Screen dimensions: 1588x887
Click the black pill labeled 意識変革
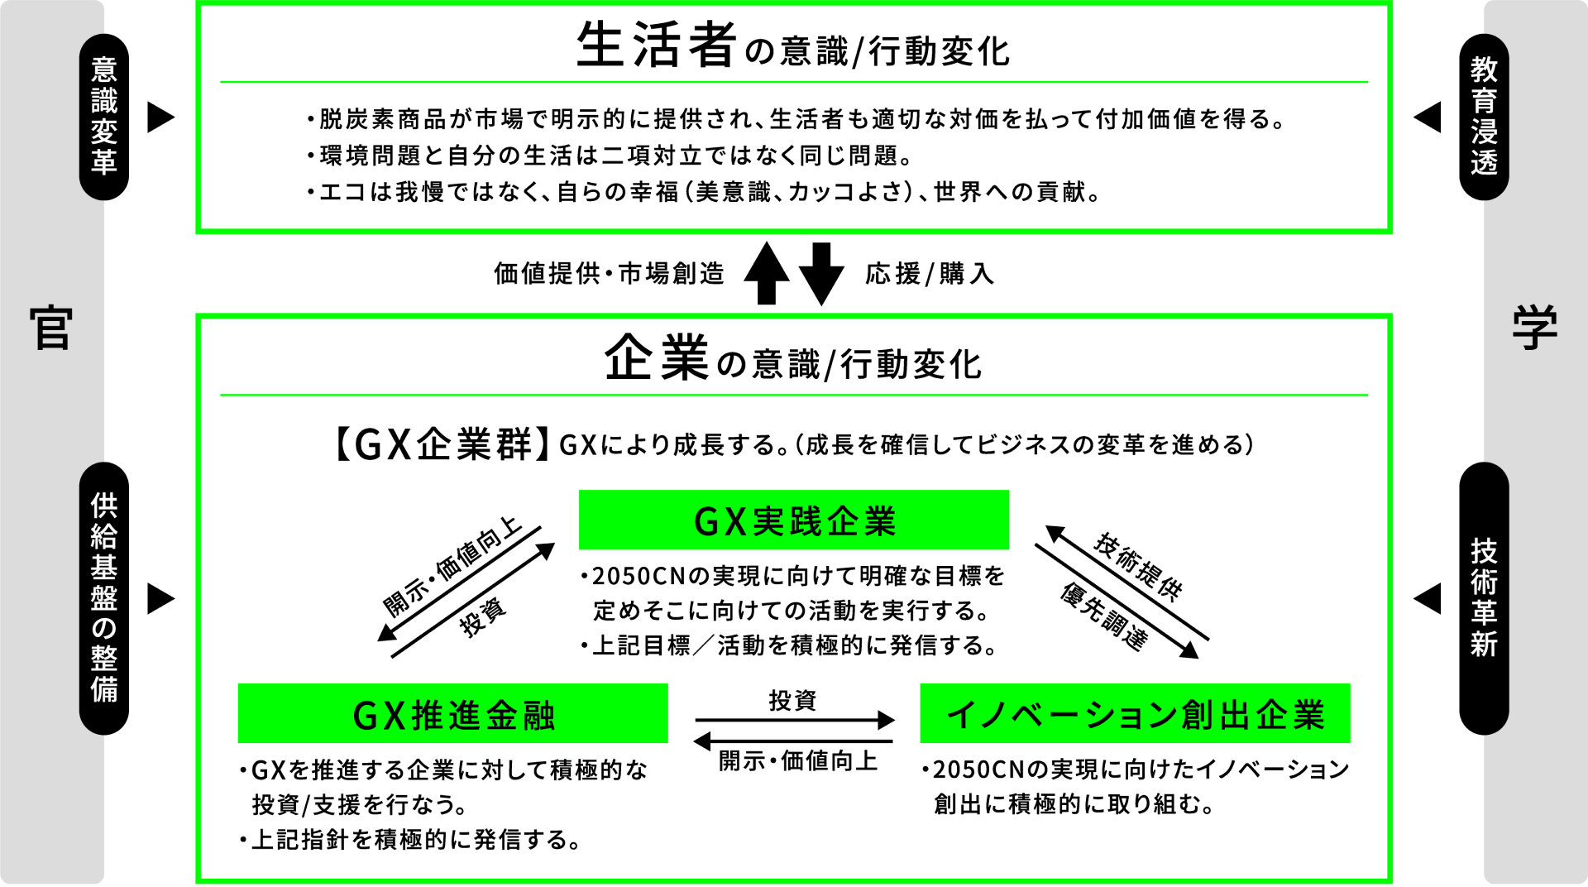pyautogui.click(x=104, y=117)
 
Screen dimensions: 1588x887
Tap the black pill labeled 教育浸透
pyautogui.click(x=1484, y=117)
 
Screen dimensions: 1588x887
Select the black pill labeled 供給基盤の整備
pyautogui.click(x=104, y=597)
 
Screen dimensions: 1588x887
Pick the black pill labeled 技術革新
pyautogui.click(x=1484, y=597)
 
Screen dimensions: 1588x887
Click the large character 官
pyautogui.click(x=51, y=328)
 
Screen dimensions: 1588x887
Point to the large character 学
pyautogui.click(x=1535, y=328)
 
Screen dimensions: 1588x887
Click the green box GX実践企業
pyautogui.click(x=793, y=520)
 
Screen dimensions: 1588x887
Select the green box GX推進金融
pyautogui.click(x=452, y=714)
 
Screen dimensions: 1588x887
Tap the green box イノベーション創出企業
pyautogui.click(x=1135, y=714)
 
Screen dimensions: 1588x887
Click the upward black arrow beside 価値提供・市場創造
pyautogui.click(x=767, y=273)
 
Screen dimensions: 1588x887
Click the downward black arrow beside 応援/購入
pyautogui.click(x=820, y=273)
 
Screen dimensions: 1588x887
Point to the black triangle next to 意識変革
pyautogui.click(x=160, y=117)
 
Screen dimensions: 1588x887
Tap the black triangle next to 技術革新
pyautogui.click(x=1428, y=598)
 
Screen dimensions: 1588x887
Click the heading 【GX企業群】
pyautogui.click(x=441, y=444)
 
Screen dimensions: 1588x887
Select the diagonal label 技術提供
pyautogui.click(x=1138, y=566)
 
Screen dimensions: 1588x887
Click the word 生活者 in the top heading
pyautogui.click(x=656, y=46)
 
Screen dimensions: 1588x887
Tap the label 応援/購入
pyautogui.click(x=930, y=274)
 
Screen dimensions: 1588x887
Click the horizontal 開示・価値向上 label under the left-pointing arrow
pyautogui.click(x=797, y=760)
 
